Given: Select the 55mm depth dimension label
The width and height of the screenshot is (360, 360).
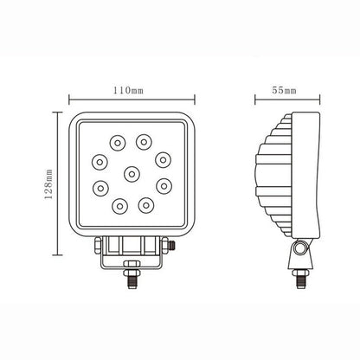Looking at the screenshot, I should (283, 89).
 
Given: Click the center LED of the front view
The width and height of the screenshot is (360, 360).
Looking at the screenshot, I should (131, 173).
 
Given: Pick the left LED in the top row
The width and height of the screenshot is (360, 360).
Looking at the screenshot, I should (117, 141).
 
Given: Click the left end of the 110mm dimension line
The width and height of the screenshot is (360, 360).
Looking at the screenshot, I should (70, 99).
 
